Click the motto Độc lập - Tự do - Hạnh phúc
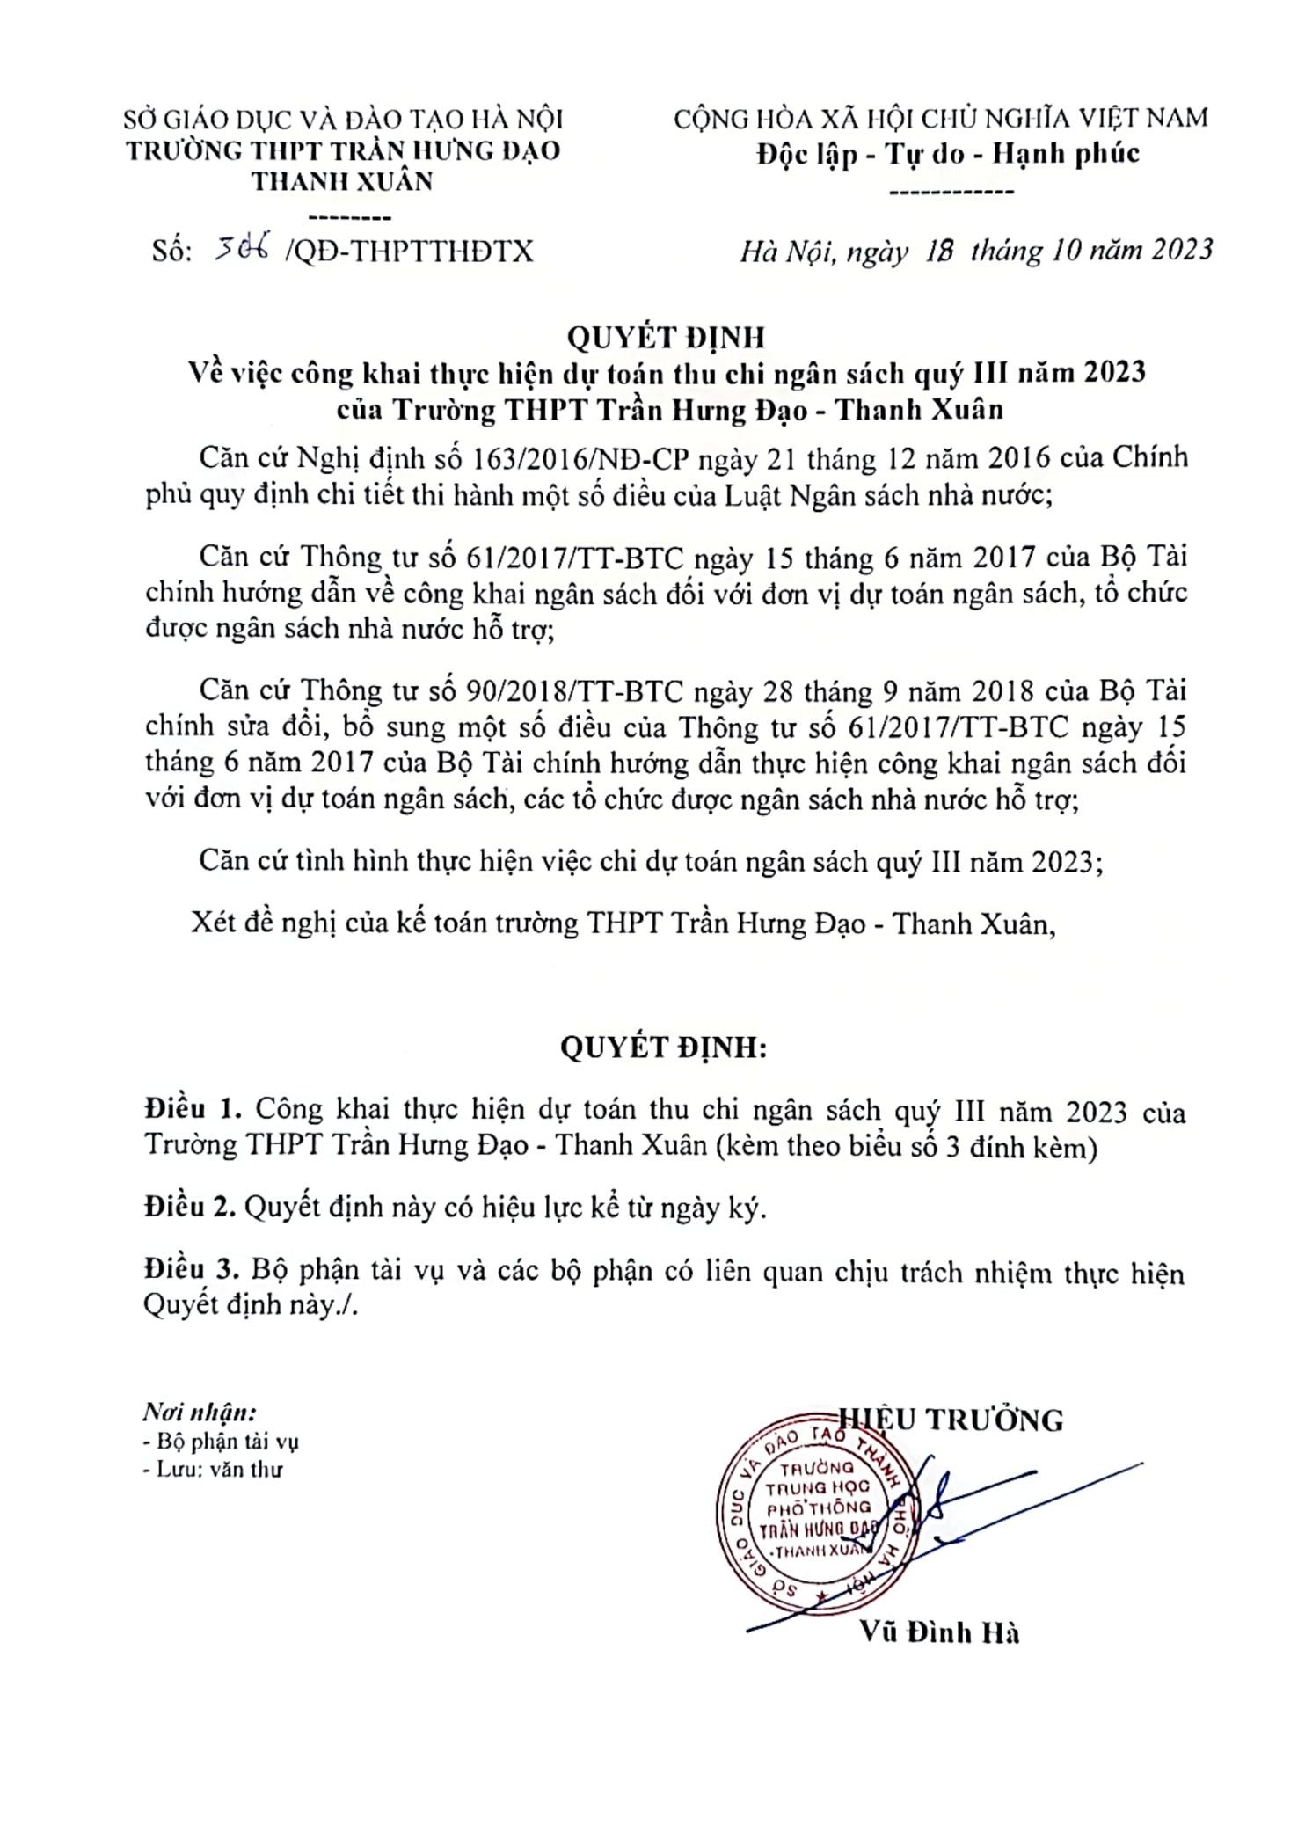click(947, 155)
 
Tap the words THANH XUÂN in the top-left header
click(342, 182)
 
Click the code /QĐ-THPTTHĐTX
click(409, 252)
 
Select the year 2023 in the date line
click(1169, 251)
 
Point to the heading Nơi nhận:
click(199, 1413)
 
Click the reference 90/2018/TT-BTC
click(574, 692)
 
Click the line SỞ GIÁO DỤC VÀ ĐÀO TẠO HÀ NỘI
click(343, 120)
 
